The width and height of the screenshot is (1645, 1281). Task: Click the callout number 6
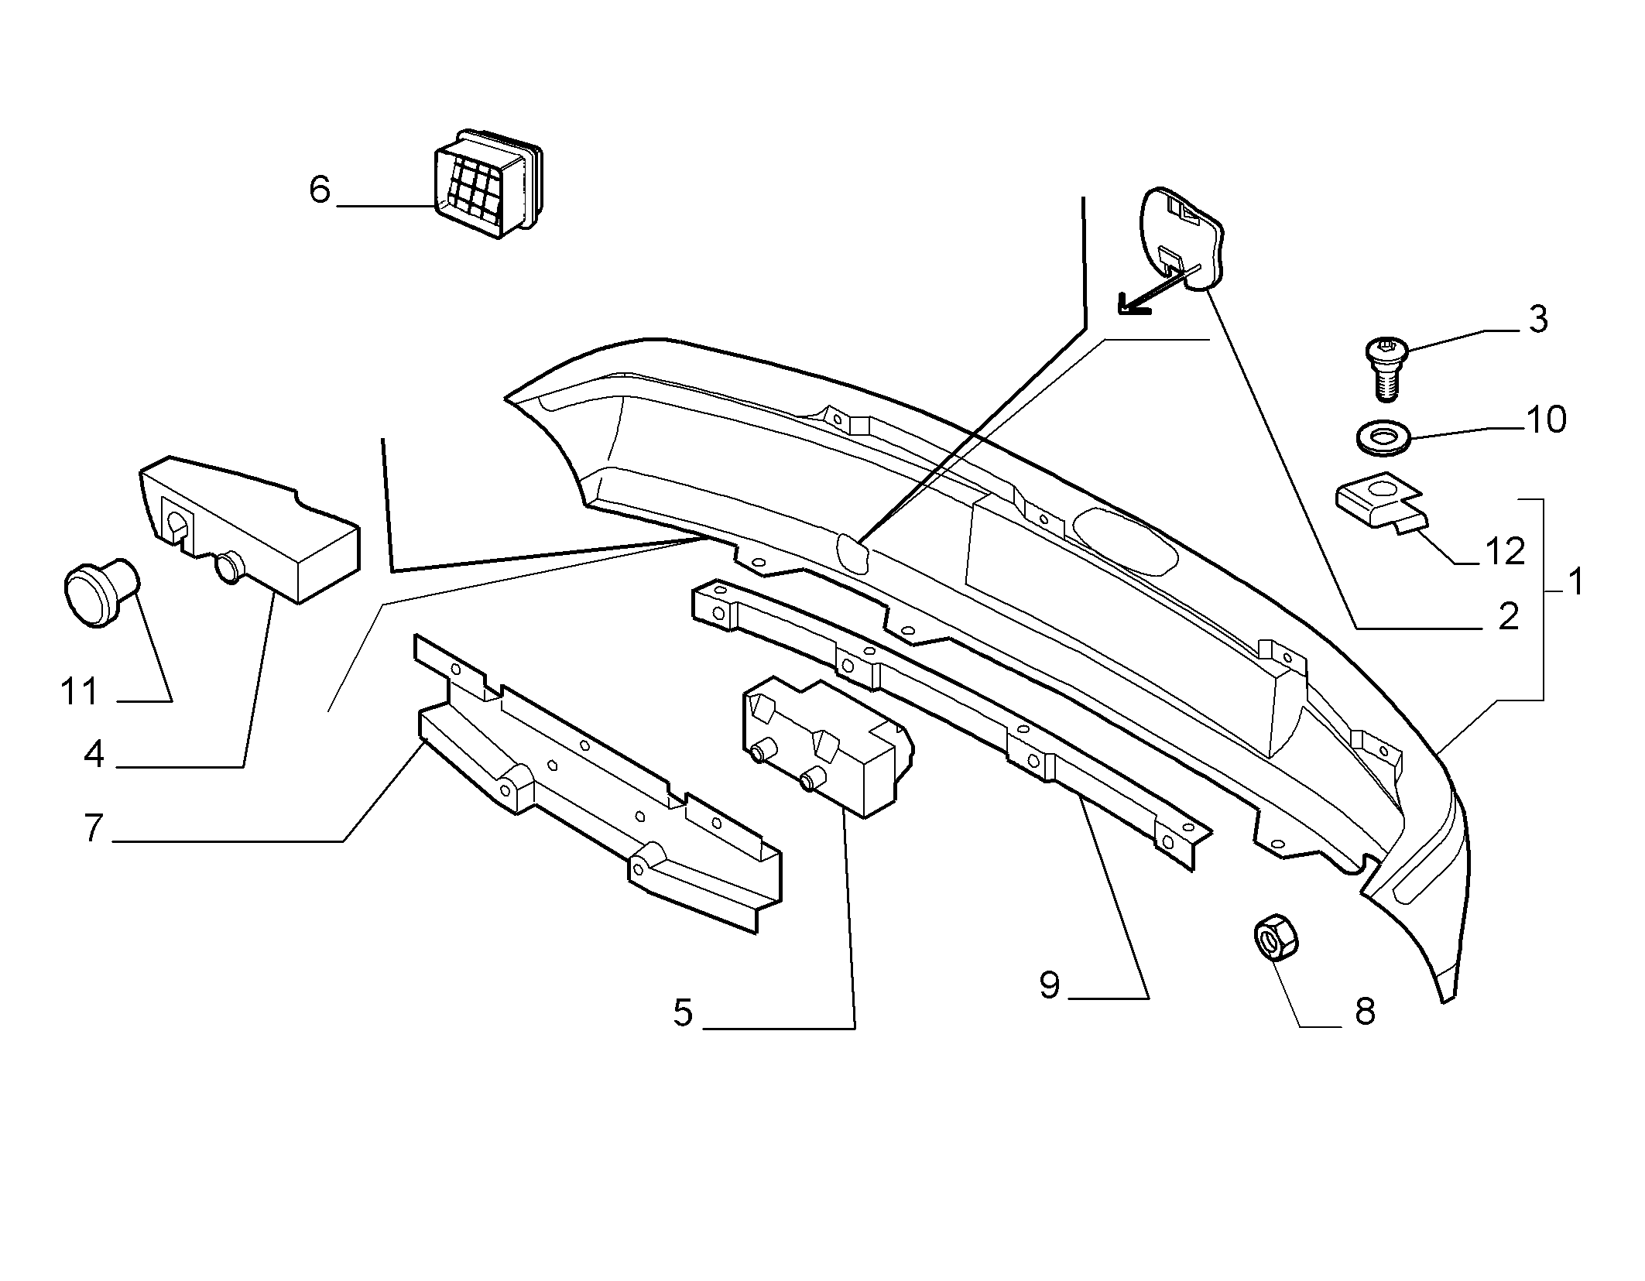coord(320,190)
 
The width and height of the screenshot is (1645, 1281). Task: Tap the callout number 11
coord(80,691)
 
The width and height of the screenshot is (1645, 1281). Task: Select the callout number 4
coord(94,754)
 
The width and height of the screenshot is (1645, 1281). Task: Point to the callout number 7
coord(93,828)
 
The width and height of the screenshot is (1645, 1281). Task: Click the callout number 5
coord(683,1012)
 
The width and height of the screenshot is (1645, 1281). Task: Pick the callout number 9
coord(1050,985)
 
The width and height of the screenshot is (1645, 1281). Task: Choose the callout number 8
coord(1365,1011)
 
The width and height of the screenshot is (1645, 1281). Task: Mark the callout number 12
coord(1505,551)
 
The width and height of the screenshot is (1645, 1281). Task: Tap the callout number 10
coord(1546,420)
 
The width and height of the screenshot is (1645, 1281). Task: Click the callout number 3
coord(1537,319)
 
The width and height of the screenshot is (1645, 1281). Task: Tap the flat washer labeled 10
coord(1383,438)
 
